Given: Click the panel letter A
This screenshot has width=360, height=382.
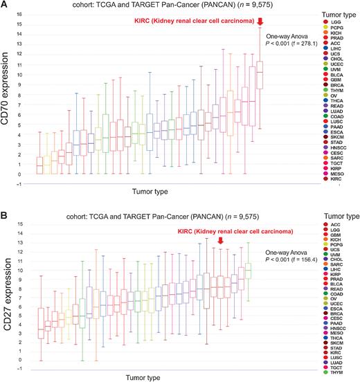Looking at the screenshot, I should (6, 6).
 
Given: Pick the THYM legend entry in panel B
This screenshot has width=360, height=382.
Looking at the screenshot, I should (334, 373).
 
